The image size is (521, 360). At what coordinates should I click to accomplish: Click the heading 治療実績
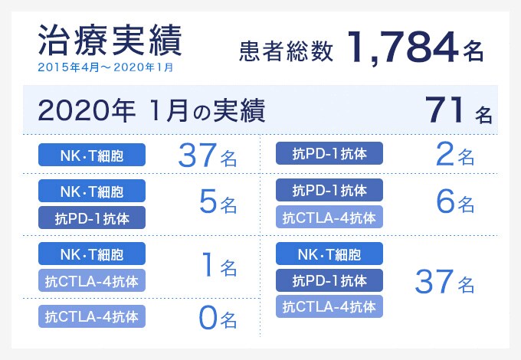[110, 41]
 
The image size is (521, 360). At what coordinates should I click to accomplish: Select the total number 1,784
[401, 47]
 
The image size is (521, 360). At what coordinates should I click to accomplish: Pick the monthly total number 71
[445, 112]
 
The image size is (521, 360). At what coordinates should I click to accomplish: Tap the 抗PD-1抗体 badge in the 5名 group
[92, 218]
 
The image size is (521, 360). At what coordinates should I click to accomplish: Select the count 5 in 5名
[206, 202]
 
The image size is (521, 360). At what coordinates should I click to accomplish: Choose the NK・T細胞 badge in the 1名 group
[92, 254]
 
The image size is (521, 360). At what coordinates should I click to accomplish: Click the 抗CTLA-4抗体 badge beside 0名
[92, 316]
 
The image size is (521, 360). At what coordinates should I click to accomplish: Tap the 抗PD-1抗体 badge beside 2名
[329, 155]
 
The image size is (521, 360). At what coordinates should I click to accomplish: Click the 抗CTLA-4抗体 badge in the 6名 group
[329, 218]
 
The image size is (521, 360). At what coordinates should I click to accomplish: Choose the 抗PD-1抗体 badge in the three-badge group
[329, 280]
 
